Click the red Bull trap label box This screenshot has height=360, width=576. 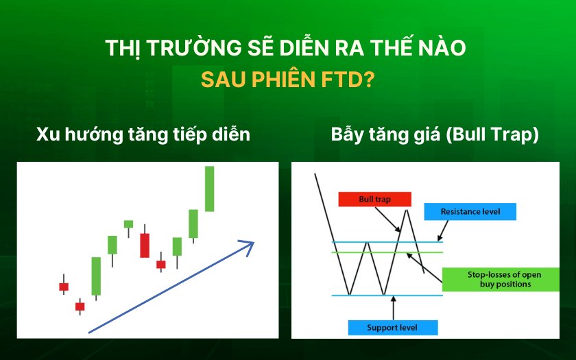coord(374,199)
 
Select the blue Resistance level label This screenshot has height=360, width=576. coord(470,212)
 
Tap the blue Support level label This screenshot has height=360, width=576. coord(393,328)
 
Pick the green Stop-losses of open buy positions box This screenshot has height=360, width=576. coord(501,279)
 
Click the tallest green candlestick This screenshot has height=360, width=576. coord(209,189)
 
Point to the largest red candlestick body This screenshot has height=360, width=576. coord(145,245)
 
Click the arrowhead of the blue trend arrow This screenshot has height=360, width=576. coord(248,248)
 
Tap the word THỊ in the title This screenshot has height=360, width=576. coord(123,48)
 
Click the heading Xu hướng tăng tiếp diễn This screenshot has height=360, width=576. coord(143,134)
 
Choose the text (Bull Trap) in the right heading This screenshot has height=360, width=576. coord(492,135)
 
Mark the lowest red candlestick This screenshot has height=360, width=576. coord(80,307)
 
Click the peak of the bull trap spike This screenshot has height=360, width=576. coord(406,210)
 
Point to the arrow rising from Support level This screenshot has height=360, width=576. coord(394,308)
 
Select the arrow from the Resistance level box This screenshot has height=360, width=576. coord(443,230)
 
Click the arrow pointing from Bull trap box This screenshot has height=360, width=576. coord(387,219)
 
